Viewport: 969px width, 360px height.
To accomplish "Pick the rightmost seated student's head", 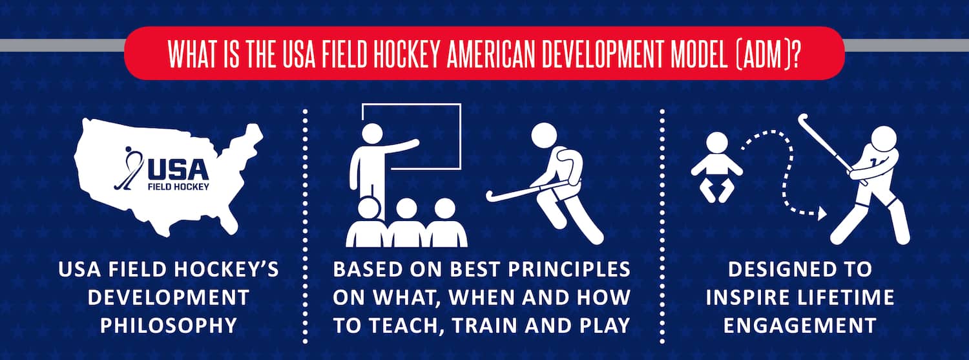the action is pyautogui.click(x=444, y=209).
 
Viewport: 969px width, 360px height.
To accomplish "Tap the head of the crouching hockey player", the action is pyautogui.click(x=544, y=135).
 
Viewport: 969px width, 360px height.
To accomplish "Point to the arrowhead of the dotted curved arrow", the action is pyautogui.click(x=822, y=213).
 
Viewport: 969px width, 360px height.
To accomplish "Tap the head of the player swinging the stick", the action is pyautogui.click(x=883, y=139).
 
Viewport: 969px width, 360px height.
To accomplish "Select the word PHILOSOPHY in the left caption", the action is pyautogui.click(x=169, y=326).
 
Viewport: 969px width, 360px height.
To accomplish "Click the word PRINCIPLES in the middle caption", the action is pyautogui.click(x=569, y=270).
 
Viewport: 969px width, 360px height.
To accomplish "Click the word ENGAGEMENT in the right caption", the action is pyautogui.click(x=800, y=326).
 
